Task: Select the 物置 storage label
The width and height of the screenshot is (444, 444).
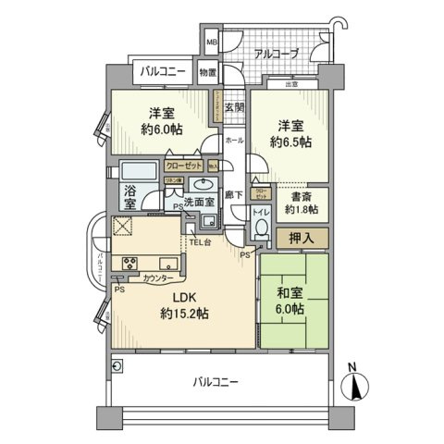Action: [207, 73]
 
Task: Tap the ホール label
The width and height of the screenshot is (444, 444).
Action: [235, 140]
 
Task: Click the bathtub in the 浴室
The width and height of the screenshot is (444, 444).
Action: [141, 171]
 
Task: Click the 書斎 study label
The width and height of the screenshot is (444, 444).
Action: [300, 196]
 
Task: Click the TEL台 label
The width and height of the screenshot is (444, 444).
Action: [201, 243]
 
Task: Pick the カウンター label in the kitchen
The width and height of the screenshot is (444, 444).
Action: [158, 277]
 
